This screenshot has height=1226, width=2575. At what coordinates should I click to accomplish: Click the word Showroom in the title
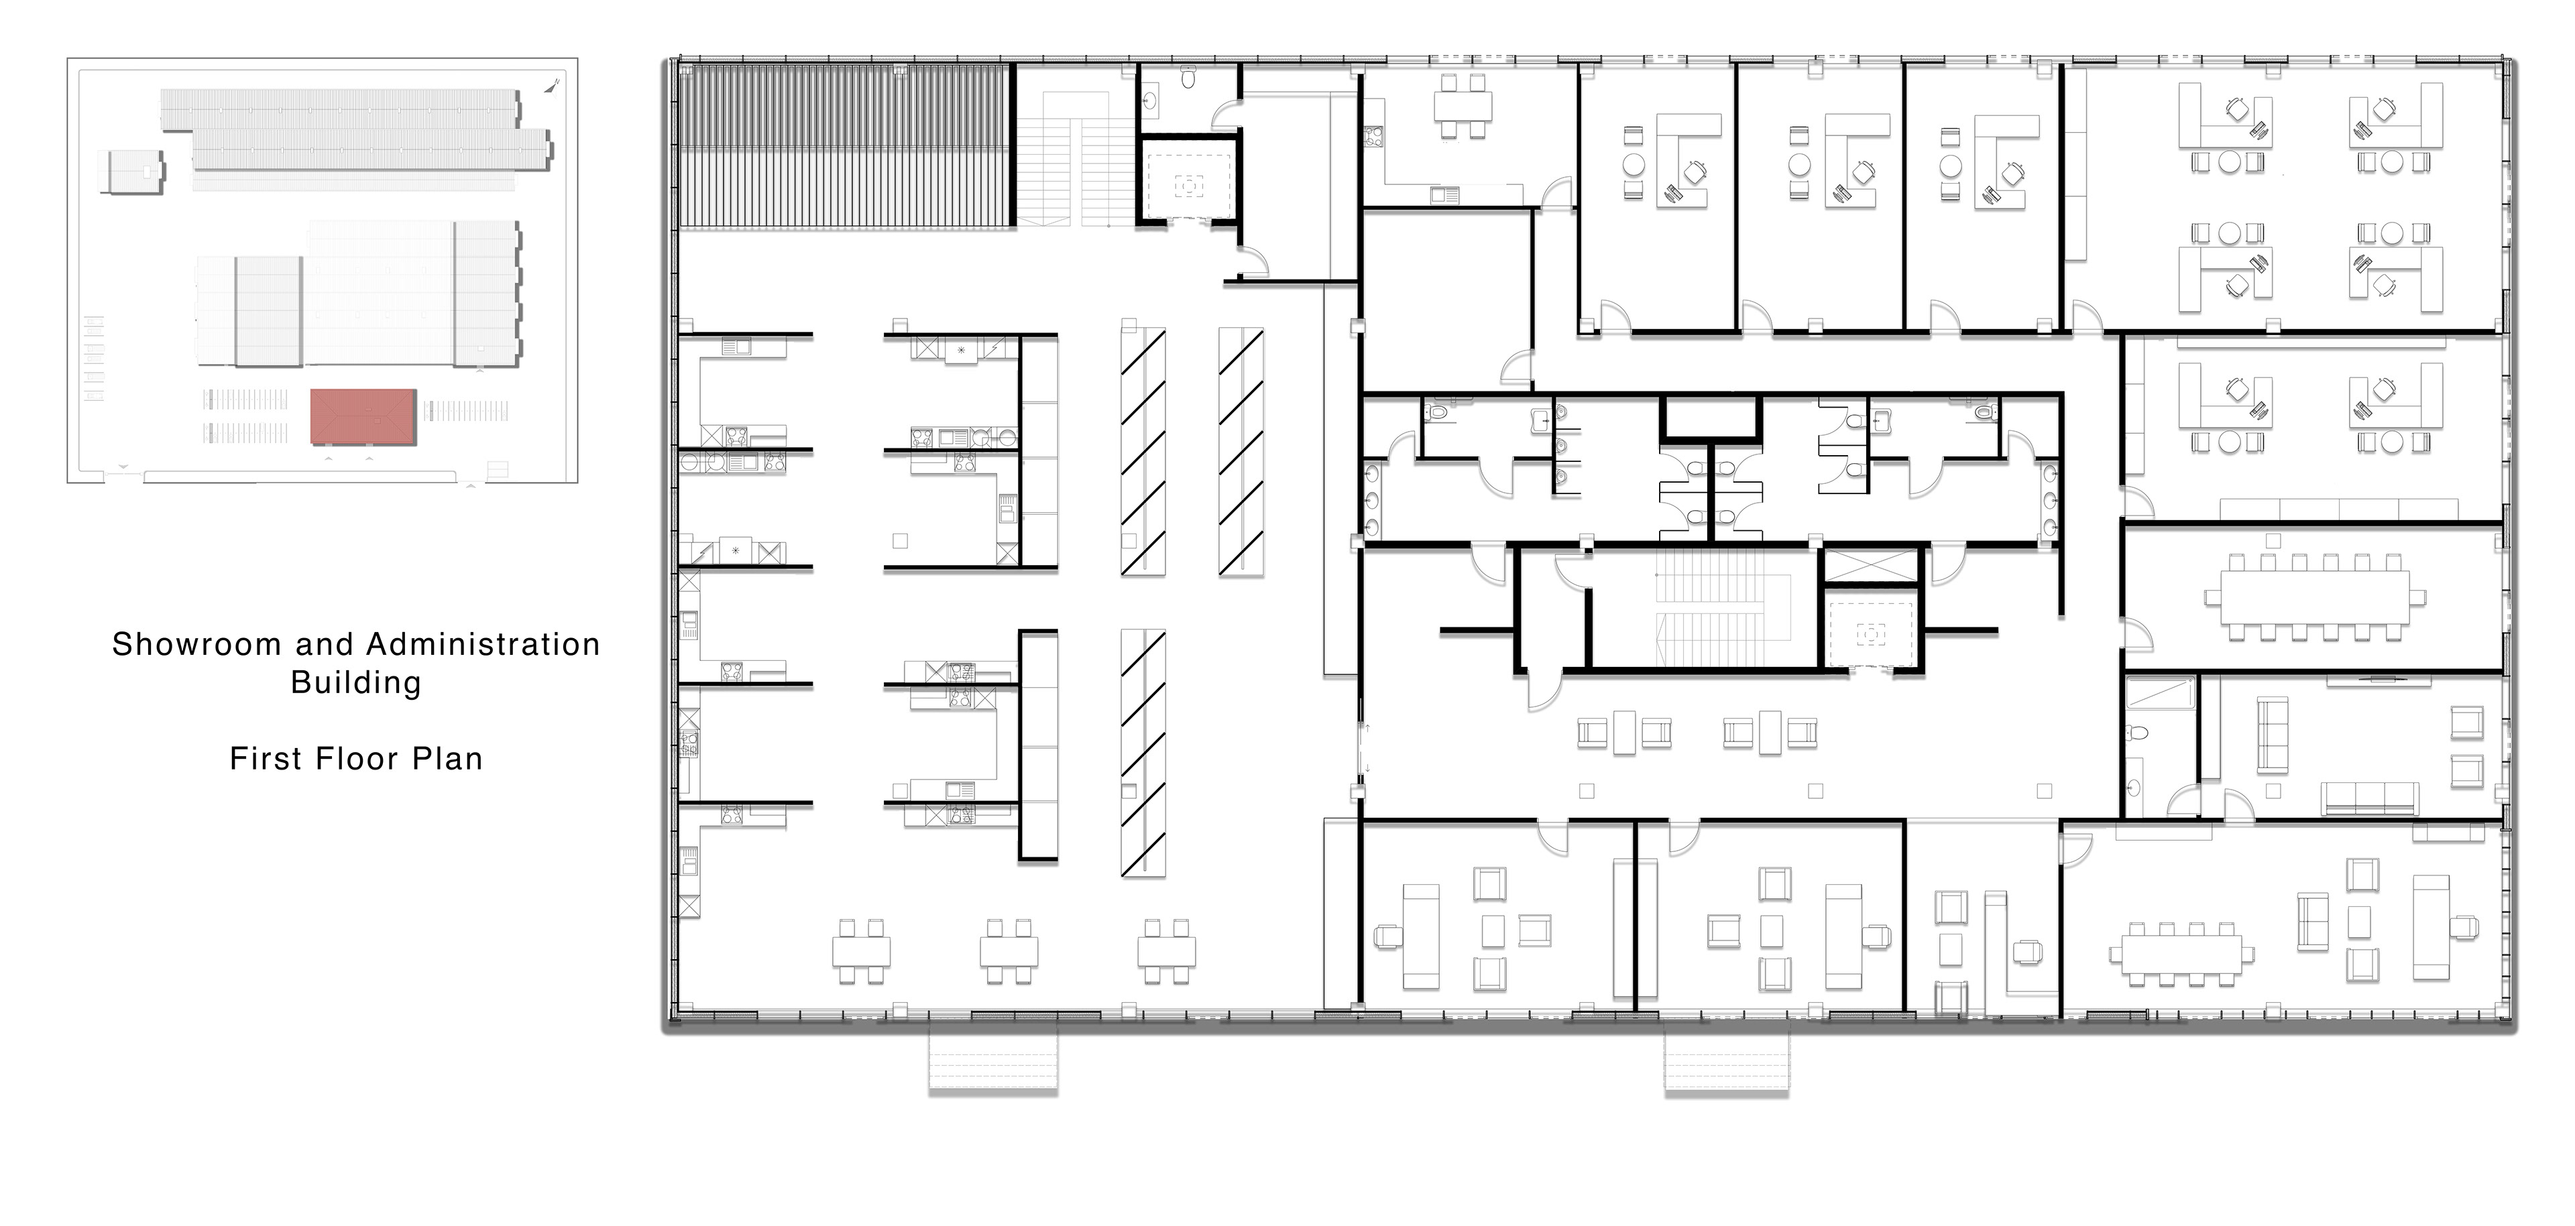pos(197,644)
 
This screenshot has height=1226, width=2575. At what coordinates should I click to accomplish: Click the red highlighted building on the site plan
pos(363,417)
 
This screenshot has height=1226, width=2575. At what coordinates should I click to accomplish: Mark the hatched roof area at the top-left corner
pos(845,145)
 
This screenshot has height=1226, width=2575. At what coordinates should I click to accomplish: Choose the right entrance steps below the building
pos(1726,1060)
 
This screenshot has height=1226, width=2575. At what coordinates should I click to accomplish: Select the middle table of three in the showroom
pos(1009,951)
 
